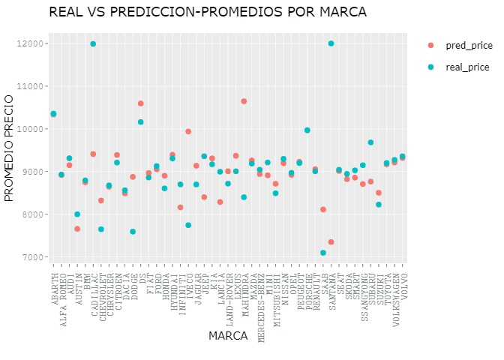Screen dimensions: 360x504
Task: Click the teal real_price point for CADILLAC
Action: (x=93, y=44)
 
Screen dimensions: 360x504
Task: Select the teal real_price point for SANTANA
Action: (x=331, y=43)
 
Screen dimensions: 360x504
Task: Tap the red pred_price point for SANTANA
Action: (x=331, y=242)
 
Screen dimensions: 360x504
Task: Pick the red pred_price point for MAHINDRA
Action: (x=244, y=101)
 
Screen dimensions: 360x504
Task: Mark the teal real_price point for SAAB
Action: (x=323, y=253)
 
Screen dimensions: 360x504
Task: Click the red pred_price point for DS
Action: (x=141, y=103)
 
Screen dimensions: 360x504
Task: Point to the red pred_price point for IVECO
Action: (x=188, y=131)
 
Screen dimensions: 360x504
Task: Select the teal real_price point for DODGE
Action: (x=133, y=232)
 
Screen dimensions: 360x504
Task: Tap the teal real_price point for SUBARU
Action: (x=370, y=142)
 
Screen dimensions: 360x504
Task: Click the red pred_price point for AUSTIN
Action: (x=77, y=229)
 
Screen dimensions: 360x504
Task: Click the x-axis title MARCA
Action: (x=228, y=337)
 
